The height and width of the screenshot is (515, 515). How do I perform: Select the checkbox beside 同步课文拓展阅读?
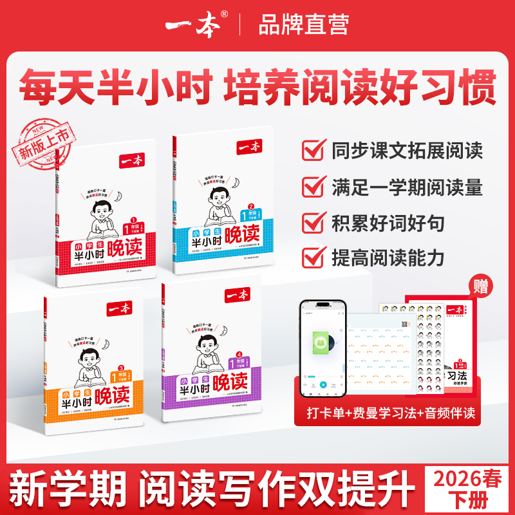[312, 151]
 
